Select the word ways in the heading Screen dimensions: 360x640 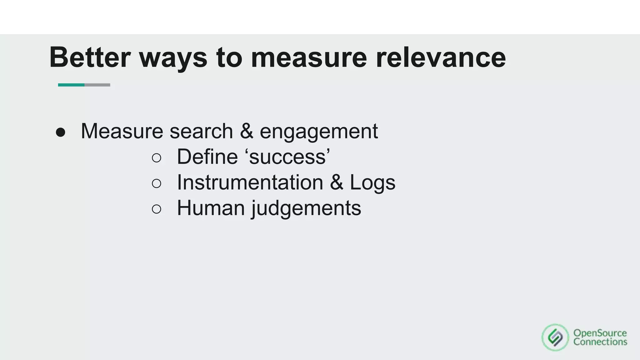pos(173,58)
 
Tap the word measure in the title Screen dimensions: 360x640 pos(309,58)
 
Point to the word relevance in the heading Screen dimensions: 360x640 pos(441,58)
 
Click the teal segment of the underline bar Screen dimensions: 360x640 pos(71,85)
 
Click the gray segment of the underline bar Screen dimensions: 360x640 pos(97,85)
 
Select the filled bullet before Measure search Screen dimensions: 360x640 pos(60,132)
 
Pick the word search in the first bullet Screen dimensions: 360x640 pos(201,131)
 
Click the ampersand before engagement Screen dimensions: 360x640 pos(247,131)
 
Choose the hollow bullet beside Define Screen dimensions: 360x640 pos(156,158)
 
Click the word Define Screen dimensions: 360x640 pos(207,157)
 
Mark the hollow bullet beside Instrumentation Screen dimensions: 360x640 pos(156,183)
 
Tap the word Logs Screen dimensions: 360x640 pos(372,183)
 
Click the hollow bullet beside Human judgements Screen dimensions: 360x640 pos(156,209)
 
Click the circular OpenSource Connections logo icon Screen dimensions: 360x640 pos(555,337)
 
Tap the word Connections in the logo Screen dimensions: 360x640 pos(600,342)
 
